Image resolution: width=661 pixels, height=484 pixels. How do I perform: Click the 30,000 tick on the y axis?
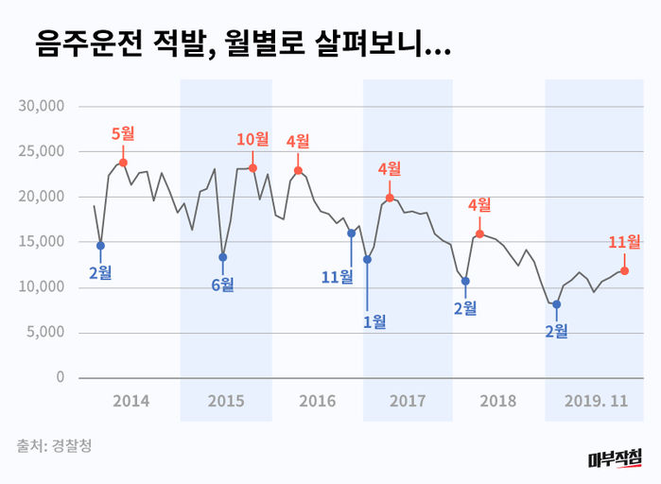point(41,106)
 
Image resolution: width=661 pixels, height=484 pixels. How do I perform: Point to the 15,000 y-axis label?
point(41,242)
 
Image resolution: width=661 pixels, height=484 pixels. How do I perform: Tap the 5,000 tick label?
point(44,333)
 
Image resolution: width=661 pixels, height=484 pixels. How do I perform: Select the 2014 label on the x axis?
point(130,401)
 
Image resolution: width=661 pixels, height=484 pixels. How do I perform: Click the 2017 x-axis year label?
point(408,401)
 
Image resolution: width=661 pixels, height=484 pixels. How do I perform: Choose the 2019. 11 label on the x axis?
point(597,401)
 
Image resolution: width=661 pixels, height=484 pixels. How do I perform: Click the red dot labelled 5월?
point(123,163)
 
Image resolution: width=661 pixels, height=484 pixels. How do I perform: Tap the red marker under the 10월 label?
point(252,168)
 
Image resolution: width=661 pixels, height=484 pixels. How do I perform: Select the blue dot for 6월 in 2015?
point(223,257)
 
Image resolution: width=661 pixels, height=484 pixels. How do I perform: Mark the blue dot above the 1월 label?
point(367,259)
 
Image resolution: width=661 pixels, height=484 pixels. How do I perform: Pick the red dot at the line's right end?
point(624,270)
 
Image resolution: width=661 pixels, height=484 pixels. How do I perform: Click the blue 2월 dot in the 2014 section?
point(100,246)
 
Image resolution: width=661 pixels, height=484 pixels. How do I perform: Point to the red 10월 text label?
point(252,139)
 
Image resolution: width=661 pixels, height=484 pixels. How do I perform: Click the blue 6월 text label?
point(223,285)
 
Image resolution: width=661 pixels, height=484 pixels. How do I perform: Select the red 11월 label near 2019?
point(624,242)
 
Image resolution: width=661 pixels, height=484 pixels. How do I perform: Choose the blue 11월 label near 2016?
point(337,276)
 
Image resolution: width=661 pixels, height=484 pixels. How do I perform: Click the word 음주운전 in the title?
point(89,43)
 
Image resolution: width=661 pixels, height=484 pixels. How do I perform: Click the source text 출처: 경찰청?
point(54,444)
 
